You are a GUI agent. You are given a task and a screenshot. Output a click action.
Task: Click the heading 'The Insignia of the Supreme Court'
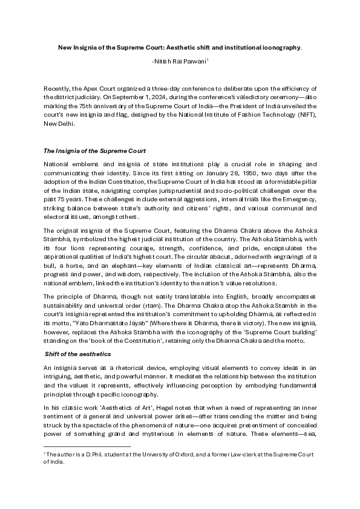(x=94, y=151)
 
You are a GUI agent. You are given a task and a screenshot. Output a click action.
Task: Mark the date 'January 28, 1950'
(x=203, y=173)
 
